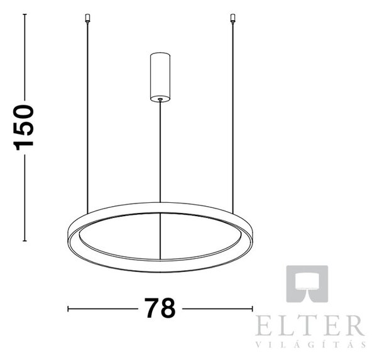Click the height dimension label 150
click(x=23, y=128)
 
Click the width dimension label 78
click(x=160, y=308)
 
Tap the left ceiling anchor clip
click(x=87, y=18)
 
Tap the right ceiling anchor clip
click(x=232, y=18)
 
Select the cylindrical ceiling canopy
click(x=160, y=77)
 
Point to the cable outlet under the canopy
click(x=160, y=99)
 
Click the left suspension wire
click(x=87, y=118)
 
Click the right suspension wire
click(x=232, y=118)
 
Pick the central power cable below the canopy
click(x=160, y=151)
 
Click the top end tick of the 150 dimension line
click(x=25, y=14)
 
